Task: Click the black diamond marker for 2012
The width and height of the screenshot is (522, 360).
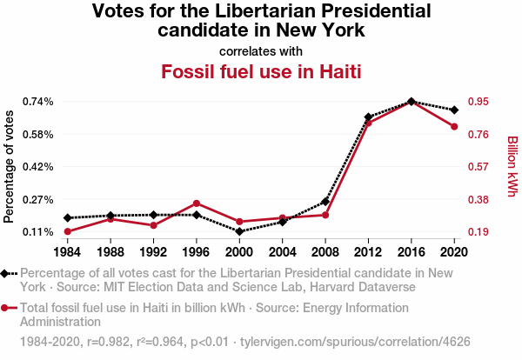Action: coord(368,117)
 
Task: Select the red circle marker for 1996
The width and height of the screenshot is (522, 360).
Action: coord(197,203)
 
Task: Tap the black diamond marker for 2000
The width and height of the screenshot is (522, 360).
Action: coord(239,231)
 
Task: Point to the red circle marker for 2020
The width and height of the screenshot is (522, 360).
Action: coord(454,127)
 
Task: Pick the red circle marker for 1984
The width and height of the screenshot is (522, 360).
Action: coord(67,231)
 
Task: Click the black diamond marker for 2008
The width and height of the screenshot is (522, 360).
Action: coord(325,202)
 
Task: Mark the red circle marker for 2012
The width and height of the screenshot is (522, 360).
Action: coord(368,123)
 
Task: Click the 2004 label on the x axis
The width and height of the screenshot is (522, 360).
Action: coord(282,252)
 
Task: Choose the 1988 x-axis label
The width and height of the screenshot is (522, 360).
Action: coord(110,252)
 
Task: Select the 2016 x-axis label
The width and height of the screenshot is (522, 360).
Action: coord(411,252)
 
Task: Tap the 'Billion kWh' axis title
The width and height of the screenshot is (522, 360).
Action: coord(512,166)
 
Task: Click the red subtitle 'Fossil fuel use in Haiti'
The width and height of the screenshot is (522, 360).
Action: coord(261,70)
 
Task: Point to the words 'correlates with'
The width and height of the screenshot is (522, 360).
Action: coord(261,50)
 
